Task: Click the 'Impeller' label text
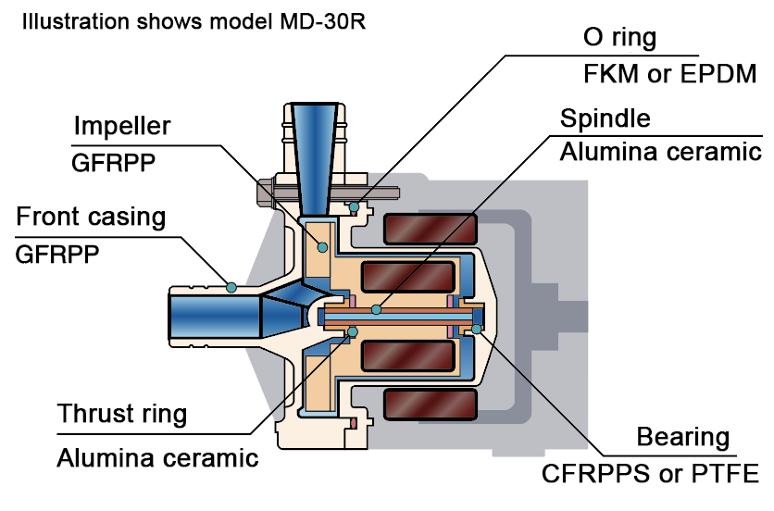[122, 127]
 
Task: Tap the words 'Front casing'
[91, 218]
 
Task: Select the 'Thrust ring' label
[122, 414]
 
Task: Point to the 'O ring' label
[619, 38]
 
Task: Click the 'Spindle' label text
[605, 118]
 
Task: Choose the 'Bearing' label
[682, 438]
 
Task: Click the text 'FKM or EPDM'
[670, 74]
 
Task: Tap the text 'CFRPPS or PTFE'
[650, 474]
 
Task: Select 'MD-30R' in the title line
[323, 21]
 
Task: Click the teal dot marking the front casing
[231, 287]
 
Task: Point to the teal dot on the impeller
[322, 247]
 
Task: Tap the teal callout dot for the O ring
[354, 207]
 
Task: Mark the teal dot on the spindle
[376, 309]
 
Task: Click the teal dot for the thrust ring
[353, 331]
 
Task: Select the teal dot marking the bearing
[477, 329]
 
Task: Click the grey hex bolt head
[265, 193]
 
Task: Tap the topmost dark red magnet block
[430, 229]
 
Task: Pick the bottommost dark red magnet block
[430, 405]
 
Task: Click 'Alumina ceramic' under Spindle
[660, 152]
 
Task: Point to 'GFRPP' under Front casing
[57, 255]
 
